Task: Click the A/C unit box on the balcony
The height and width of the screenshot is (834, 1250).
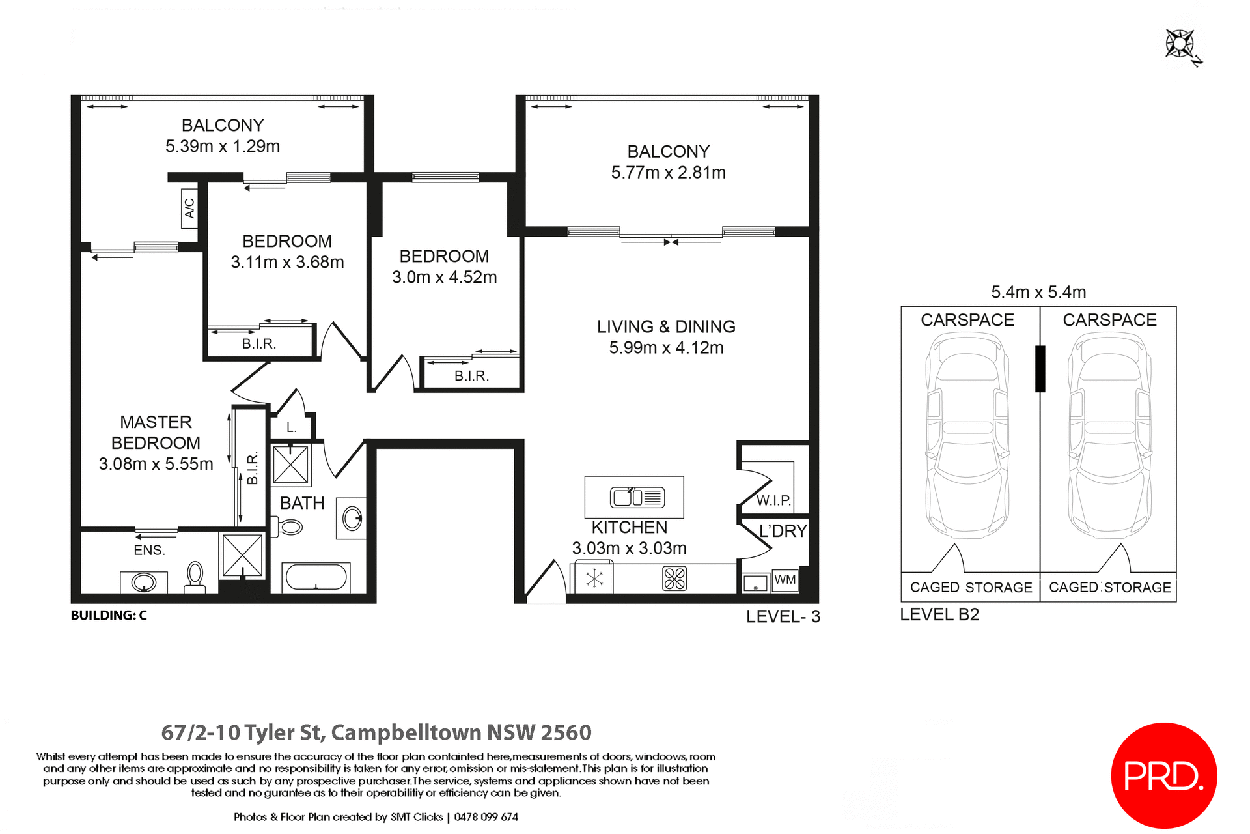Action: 189,208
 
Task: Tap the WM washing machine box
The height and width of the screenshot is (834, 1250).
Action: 785,580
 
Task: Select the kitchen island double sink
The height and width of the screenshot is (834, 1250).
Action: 637,497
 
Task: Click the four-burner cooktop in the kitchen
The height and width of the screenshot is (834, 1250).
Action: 674,579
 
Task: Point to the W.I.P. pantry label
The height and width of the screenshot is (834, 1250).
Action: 773,500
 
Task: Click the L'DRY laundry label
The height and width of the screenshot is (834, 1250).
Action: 783,531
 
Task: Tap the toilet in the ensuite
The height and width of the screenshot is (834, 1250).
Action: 195,577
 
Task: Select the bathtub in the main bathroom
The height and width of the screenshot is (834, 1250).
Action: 316,577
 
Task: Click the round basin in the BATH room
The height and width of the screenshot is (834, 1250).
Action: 352,519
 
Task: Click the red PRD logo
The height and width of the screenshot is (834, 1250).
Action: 1163,775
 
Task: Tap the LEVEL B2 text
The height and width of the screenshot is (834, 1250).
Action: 939,614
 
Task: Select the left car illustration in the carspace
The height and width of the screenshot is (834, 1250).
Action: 967,435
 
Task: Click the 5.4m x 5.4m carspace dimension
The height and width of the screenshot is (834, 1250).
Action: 1038,292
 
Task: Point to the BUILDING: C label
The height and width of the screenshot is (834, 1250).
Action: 109,615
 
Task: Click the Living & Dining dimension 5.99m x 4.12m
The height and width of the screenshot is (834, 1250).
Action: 666,348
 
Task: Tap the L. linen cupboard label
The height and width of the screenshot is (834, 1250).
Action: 292,427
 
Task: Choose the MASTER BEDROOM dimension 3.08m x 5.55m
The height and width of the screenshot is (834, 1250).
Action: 156,464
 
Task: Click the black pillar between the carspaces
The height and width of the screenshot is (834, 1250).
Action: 1040,369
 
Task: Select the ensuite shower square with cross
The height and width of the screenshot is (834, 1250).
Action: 242,555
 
